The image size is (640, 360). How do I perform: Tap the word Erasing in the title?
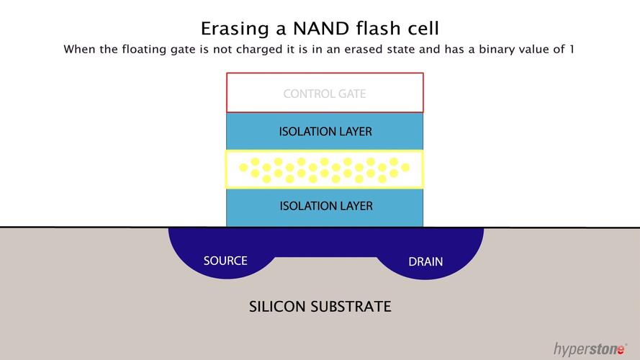pos(235,30)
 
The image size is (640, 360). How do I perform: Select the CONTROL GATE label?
pos(325,94)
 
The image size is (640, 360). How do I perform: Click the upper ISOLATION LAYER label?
pos(325,132)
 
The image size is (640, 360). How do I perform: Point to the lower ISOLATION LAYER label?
pos(326,206)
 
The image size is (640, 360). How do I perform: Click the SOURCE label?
pos(225,261)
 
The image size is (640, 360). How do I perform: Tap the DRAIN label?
pos(425,261)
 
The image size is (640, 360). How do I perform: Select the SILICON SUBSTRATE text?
pos(320,307)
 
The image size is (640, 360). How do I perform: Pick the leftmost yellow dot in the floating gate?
pos(243,167)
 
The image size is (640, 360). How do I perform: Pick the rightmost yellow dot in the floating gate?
pos(405,167)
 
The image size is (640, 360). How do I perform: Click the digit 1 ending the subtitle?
pos(572,50)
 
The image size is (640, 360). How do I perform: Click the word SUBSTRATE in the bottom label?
pos(351,307)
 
